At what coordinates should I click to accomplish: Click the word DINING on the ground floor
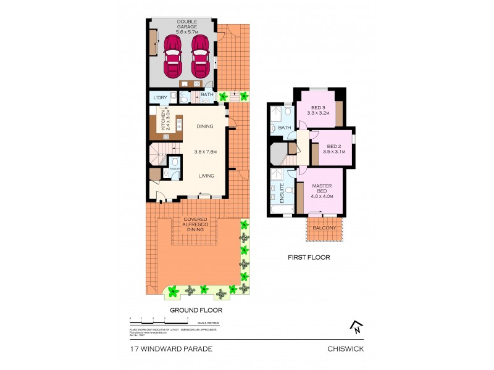click(x=205, y=126)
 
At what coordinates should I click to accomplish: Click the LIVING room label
click(x=206, y=176)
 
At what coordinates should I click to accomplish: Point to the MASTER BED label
click(x=321, y=191)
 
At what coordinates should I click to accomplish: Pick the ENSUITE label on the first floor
click(x=282, y=193)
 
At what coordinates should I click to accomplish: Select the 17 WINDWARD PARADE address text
click(x=171, y=348)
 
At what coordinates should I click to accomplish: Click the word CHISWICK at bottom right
click(x=346, y=348)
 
